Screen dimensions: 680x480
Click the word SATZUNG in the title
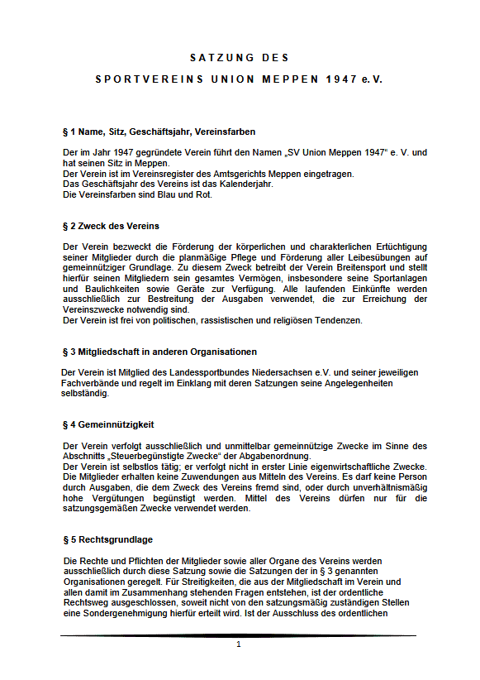point(216,58)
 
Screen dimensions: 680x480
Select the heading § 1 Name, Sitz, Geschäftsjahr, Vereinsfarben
point(159,132)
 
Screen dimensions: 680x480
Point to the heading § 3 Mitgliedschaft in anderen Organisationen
point(159,352)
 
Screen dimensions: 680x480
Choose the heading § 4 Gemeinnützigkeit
point(108,424)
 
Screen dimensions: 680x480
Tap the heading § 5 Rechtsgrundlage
point(107,540)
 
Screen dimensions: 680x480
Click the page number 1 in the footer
point(238,644)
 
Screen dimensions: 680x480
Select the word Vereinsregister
point(156,174)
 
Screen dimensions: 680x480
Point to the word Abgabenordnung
point(270,457)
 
